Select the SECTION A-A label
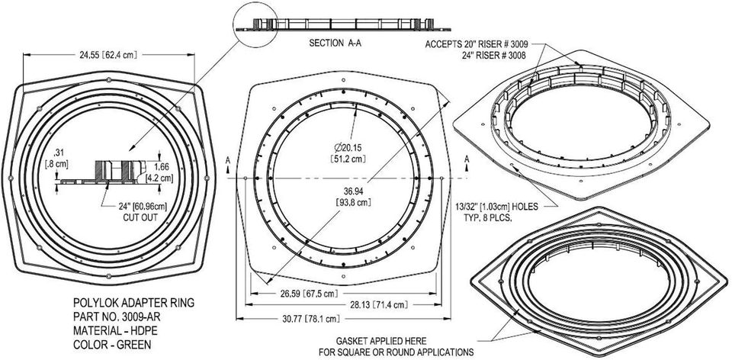335,43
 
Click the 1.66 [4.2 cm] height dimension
163,172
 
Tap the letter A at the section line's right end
467,159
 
